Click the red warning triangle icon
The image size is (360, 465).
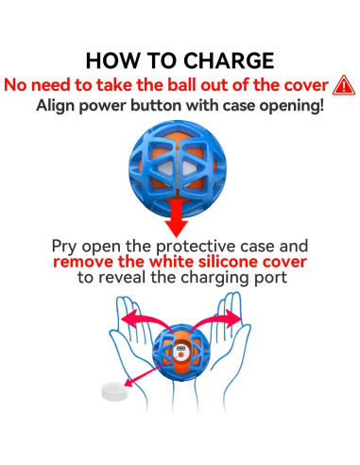pyautogui.click(x=344, y=85)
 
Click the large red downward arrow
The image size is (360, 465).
pyautogui.click(x=177, y=218)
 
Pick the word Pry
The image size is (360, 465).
pyautogui.click(x=64, y=247)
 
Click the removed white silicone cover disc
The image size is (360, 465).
pyautogui.click(x=115, y=391)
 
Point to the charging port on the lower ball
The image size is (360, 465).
pyautogui.click(x=180, y=349)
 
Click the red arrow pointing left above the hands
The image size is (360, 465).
pyautogui.click(x=145, y=320)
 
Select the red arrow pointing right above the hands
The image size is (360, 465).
pyautogui.click(x=215, y=320)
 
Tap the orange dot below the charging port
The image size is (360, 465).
pyautogui.click(x=180, y=355)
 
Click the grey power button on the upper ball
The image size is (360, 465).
pyautogui.click(x=177, y=168)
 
